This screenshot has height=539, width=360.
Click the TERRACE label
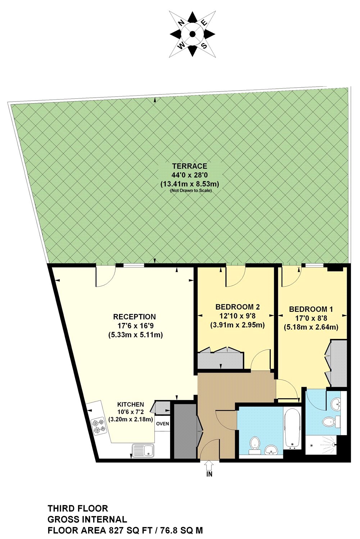point(190,166)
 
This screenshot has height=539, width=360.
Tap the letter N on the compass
point(182,23)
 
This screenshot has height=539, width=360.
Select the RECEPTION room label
point(135,317)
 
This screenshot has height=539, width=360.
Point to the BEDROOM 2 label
point(237,307)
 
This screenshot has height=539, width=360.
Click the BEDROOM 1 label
point(311,309)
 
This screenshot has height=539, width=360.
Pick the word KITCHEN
point(131,404)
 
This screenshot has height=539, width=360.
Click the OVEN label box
point(163,424)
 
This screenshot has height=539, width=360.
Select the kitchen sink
point(143,450)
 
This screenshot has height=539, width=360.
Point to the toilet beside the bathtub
point(255,443)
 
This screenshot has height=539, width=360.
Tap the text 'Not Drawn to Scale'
point(191,190)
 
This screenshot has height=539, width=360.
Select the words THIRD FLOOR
point(78,508)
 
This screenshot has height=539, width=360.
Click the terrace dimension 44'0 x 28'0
point(190,175)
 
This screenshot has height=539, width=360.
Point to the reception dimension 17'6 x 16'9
point(135,326)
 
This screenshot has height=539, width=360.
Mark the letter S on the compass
point(204,46)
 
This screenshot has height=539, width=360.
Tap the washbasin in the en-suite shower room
point(336,404)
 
